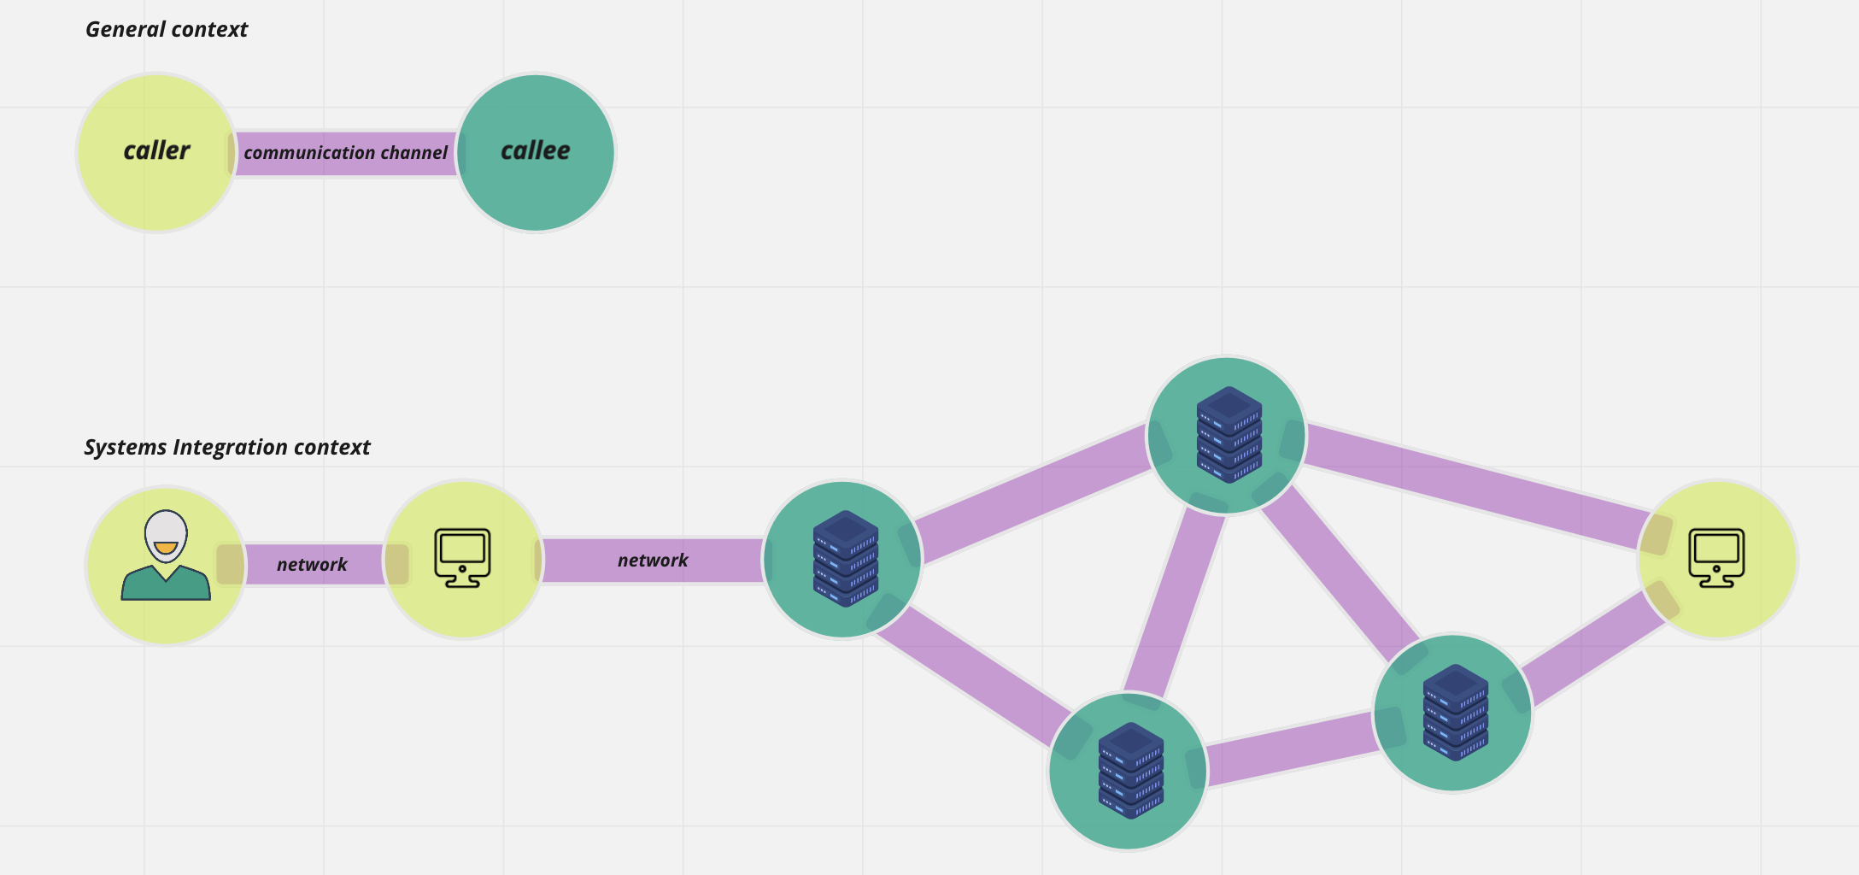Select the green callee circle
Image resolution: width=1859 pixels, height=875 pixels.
(536, 192)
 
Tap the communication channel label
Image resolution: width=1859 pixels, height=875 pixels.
(345, 153)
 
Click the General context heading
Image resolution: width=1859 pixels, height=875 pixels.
(167, 30)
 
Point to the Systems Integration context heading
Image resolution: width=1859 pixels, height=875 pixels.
(227, 448)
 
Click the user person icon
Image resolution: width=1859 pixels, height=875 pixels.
(166, 556)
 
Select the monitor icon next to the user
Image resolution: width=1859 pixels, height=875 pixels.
(462, 558)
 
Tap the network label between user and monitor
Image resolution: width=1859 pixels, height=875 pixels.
(312, 565)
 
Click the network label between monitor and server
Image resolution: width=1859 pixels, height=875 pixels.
(653, 561)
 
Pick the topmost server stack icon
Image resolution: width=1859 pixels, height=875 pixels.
(1229, 434)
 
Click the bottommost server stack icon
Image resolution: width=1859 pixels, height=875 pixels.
(1130, 771)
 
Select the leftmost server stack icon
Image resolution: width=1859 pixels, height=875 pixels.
(845, 559)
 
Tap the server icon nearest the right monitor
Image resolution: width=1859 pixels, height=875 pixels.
(1456, 712)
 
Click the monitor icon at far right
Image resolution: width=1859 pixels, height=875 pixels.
(1717, 558)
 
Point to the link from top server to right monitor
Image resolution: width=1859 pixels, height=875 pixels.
(1474, 485)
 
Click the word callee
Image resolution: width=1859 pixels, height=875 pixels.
(536, 151)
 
